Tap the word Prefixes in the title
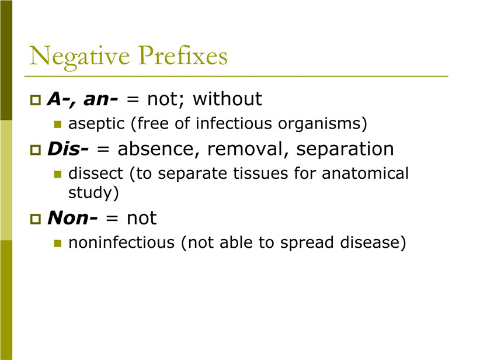click(x=183, y=55)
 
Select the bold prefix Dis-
click(x=68, y=149)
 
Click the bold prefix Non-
click(x=72, y=218)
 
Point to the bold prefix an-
click(x=100, y=99)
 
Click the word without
click(x=228, y=99)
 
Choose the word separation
click(x=345, y=150)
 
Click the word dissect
click(x=96, y=174)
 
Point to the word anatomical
click(x=365, y=174)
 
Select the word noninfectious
click(x=121, y=243)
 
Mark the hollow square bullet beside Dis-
click(x=36, y=150)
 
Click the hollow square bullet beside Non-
click(x=36, y=219)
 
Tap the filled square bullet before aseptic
click(x=58, y=124)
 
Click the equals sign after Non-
click(x=112, y=218)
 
